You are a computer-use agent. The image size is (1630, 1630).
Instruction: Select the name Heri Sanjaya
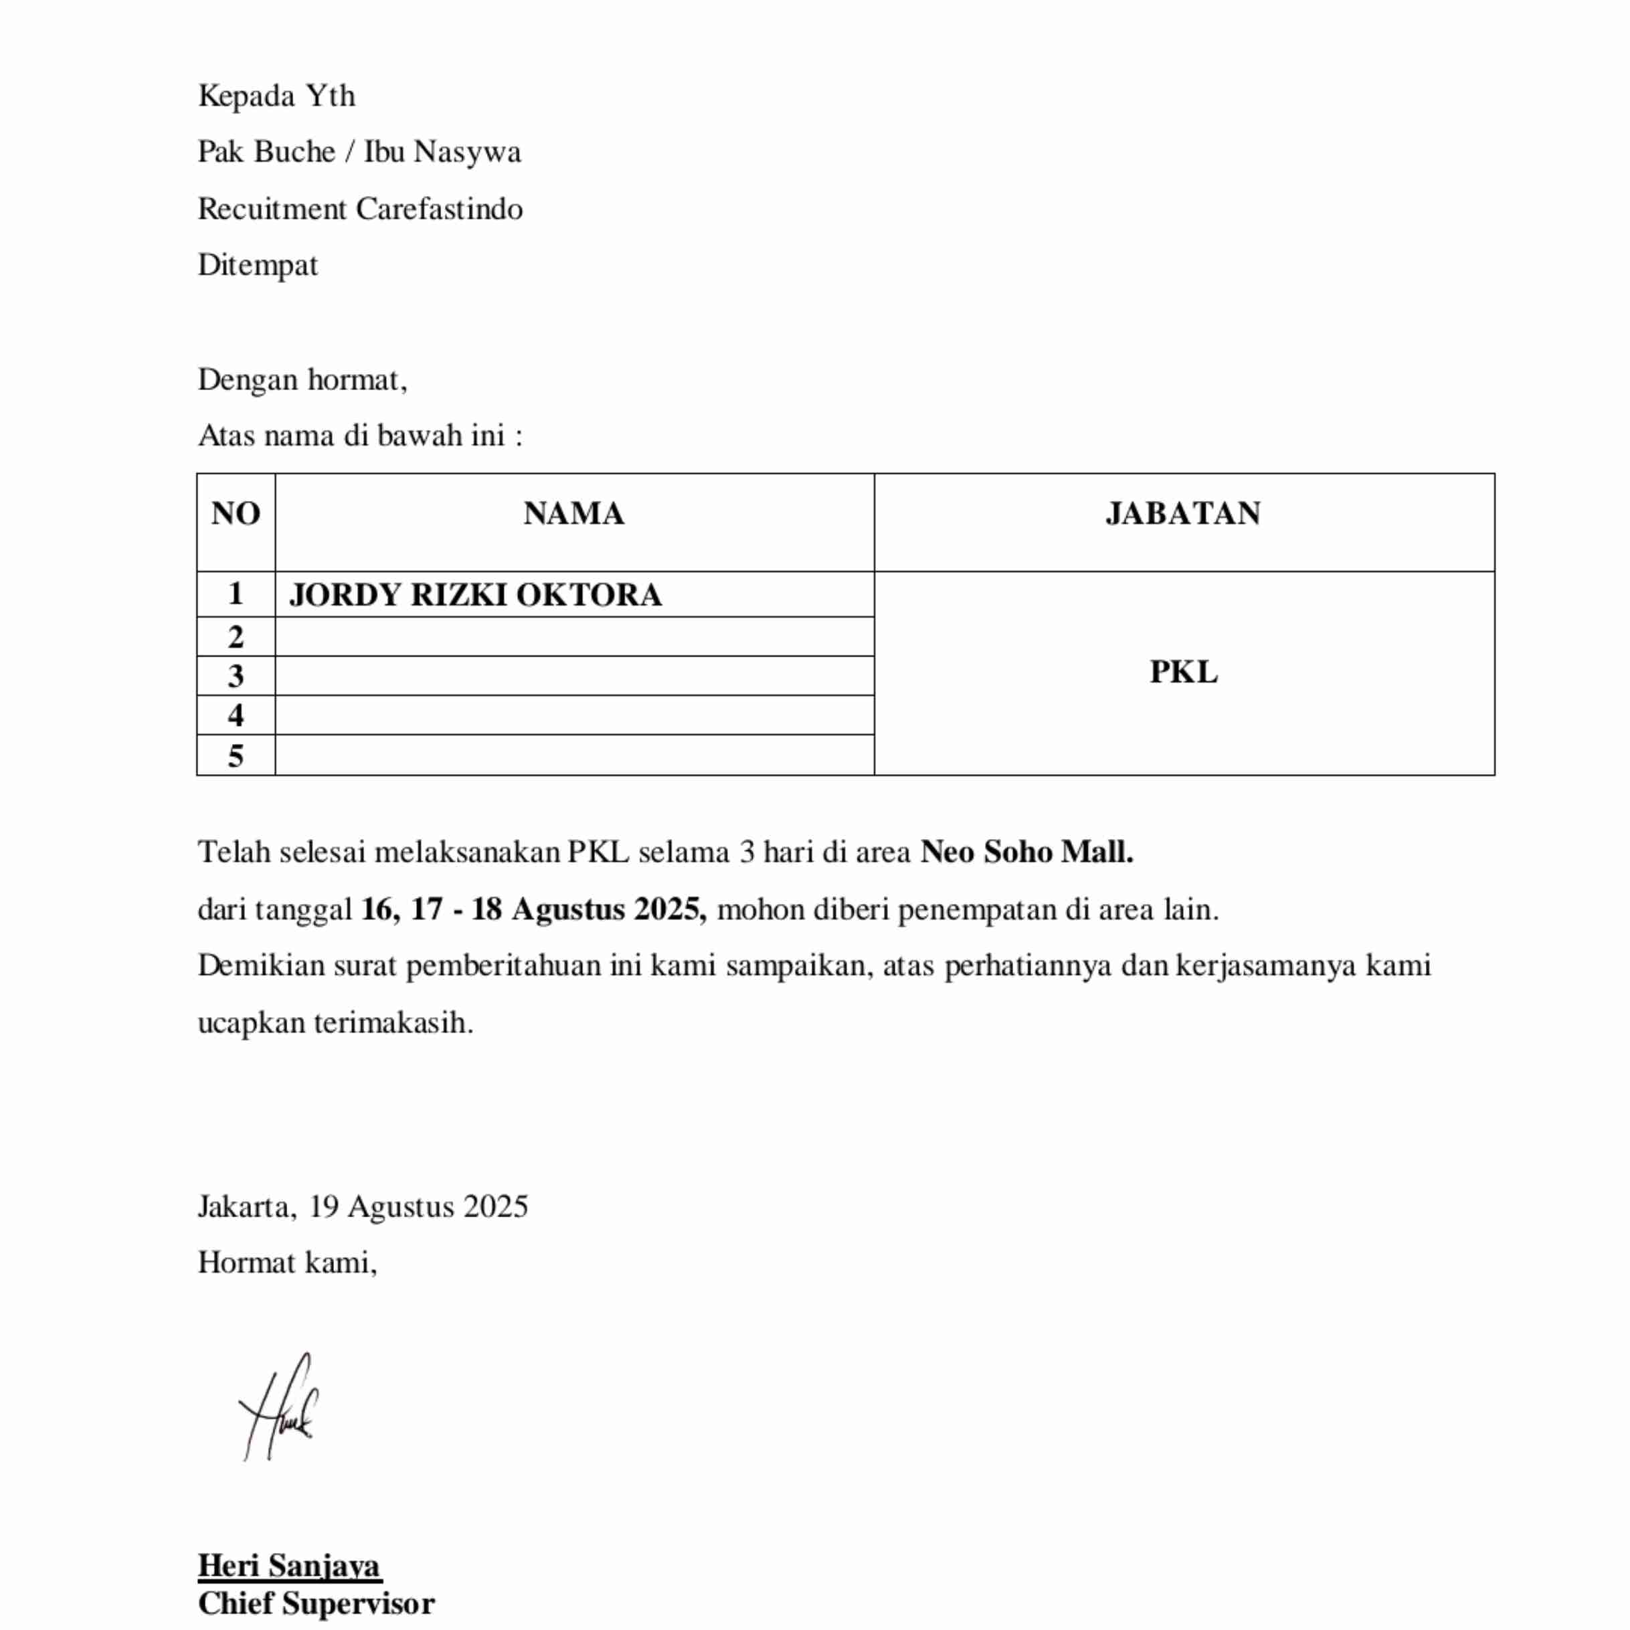pos(289,1565)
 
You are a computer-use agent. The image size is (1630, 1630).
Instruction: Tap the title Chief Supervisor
pos(316,1604)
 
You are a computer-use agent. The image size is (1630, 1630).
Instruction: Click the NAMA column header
pos(573,514)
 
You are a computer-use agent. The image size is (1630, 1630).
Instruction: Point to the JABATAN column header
pos(1183,514)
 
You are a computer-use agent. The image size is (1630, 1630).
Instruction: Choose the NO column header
pos(236,514)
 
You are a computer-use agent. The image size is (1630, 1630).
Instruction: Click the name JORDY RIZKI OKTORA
pos(475,595)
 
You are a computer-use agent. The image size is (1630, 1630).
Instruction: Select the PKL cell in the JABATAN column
pos(1183,672)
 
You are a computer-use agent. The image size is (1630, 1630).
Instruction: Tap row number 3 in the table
pos(236,676)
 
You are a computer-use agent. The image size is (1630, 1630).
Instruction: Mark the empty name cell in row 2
pos(573,637)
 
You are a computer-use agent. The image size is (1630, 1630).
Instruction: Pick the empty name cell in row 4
pos(573,715)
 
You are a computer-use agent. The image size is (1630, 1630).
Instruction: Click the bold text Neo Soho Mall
pos(1026,852)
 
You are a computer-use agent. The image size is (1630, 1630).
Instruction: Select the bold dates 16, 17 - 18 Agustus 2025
pos(533,909)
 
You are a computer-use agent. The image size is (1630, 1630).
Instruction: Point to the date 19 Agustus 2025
pos(418,1206)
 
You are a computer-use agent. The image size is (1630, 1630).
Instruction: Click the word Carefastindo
pos(439,208)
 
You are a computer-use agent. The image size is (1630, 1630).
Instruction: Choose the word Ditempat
pos(258,265)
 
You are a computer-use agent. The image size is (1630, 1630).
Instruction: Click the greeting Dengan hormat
pos(302,379)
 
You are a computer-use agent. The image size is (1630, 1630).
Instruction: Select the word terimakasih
pos(393,1022)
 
